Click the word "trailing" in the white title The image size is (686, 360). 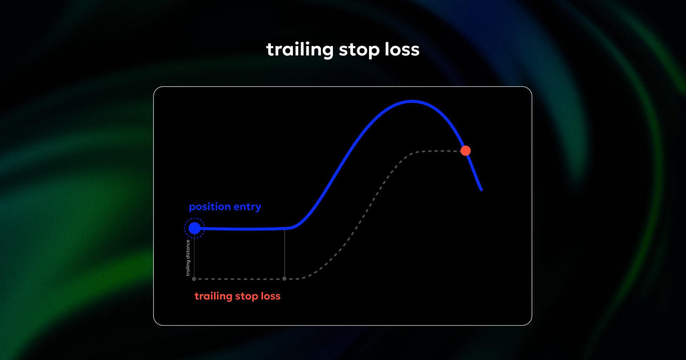coord(300,50)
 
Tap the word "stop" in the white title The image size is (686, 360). coord(359,50)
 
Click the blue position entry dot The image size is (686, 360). coord(194,228)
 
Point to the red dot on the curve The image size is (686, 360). coord(466,151)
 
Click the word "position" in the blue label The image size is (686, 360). coord(210,207)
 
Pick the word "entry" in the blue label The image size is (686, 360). coord(247,207)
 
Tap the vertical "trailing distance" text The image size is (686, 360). coord(188,257)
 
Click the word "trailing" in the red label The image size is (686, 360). coord(213,296)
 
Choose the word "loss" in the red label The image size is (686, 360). coord(270,296)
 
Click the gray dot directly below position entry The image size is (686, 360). coord(194,279)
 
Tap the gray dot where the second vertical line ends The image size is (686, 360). coord(284,279)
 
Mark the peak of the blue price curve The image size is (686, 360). coord(412,102)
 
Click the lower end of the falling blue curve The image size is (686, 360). coord(481,189)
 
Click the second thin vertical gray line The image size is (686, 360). coord(284,254)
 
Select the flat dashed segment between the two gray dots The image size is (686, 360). coord(239,279)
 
